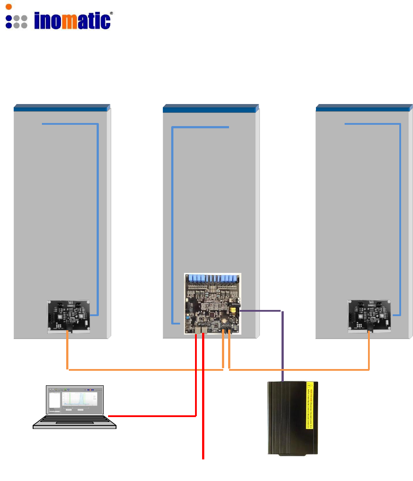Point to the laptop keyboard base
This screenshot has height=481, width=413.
75,422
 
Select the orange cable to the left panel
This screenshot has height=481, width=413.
132,369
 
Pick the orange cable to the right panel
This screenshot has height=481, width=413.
300,369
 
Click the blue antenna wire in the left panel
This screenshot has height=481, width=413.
97,220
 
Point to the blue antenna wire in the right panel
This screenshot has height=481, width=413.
400,220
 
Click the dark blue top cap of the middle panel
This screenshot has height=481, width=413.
210,107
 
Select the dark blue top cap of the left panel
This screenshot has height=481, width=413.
61,107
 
